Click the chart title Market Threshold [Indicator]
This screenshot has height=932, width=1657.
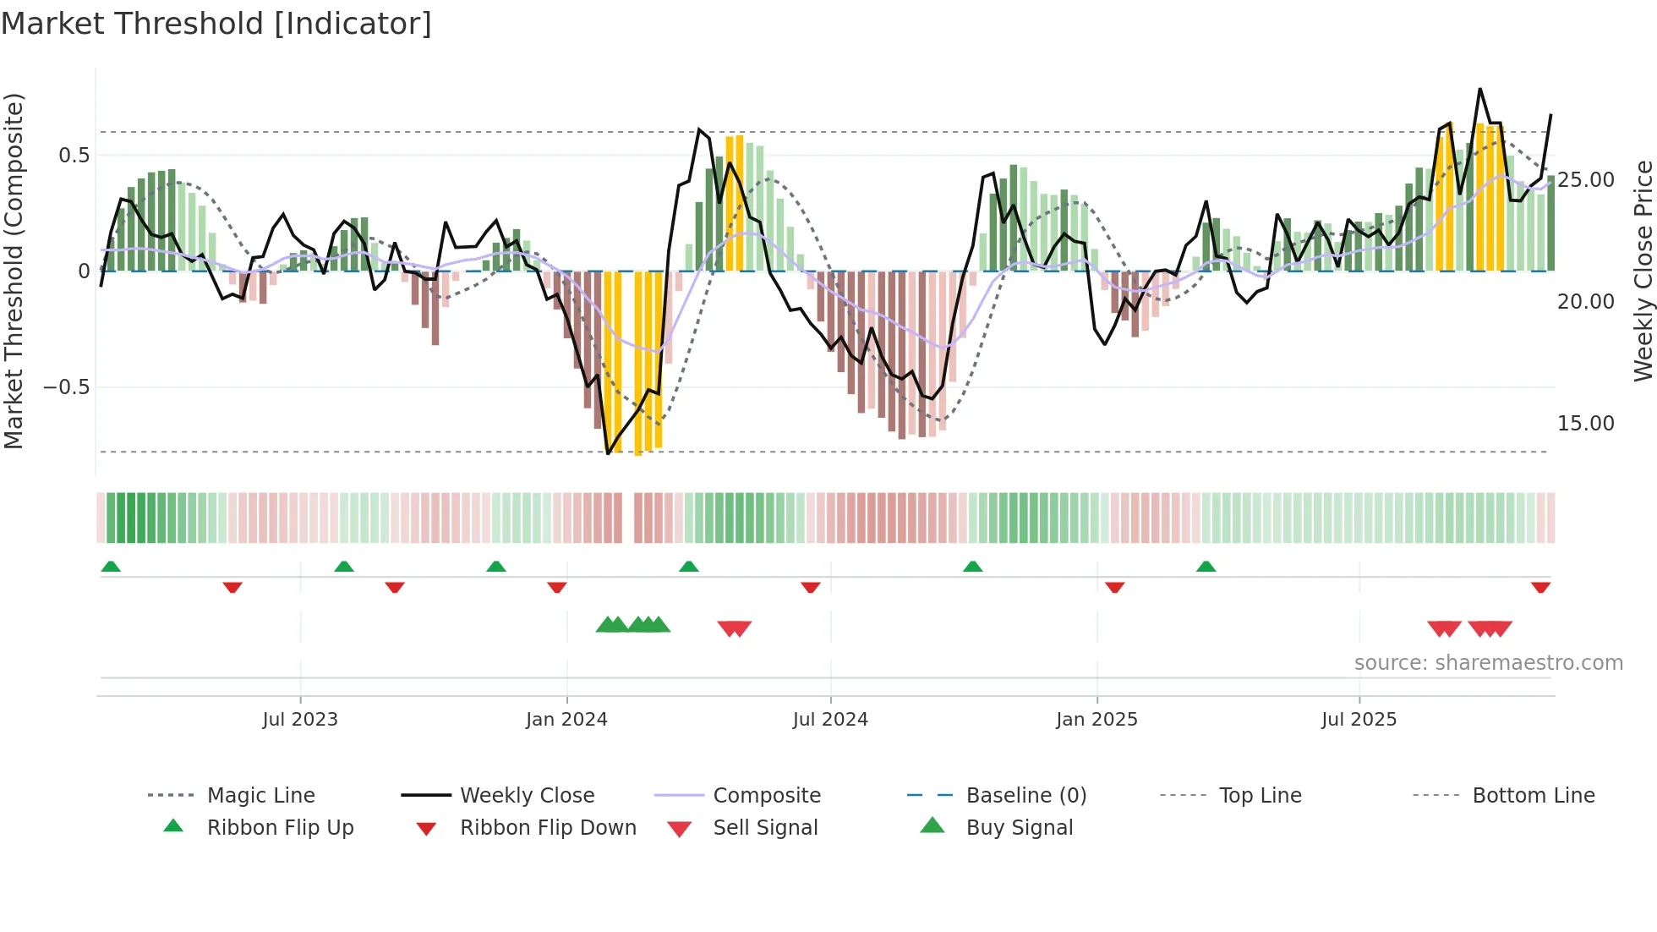pyautogui.click(x=216, y=24)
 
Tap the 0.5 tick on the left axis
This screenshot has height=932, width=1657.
pyautogui.click(x=74, y=155)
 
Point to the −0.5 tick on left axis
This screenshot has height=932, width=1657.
pyautogui.click(x=66, y=387)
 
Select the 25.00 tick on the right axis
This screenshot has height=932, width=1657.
pyautogui.click(x=1586, y=180)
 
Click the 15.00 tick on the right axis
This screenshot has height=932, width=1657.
pyautogui.click(x=1586, y=424)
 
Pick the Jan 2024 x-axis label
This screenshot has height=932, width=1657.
pyautogui.click(x=566, y=720)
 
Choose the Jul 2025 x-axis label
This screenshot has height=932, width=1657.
pyautogui.click(x=1359, y=720)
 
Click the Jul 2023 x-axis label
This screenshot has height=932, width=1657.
pyautogui.click(x=300, y=720)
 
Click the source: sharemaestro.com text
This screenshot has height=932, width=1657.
pyautogui.click(x=1488, y=663)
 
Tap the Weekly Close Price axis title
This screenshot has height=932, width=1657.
pyautogui.click(x=1643, y=271)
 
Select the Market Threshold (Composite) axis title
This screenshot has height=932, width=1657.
pyautogui.click(x=14, y=271)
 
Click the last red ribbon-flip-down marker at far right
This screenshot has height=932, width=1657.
pyautogui.click(x=1540, y=587)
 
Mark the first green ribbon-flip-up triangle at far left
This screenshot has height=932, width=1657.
pyautogui.click(x=111, y=567)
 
